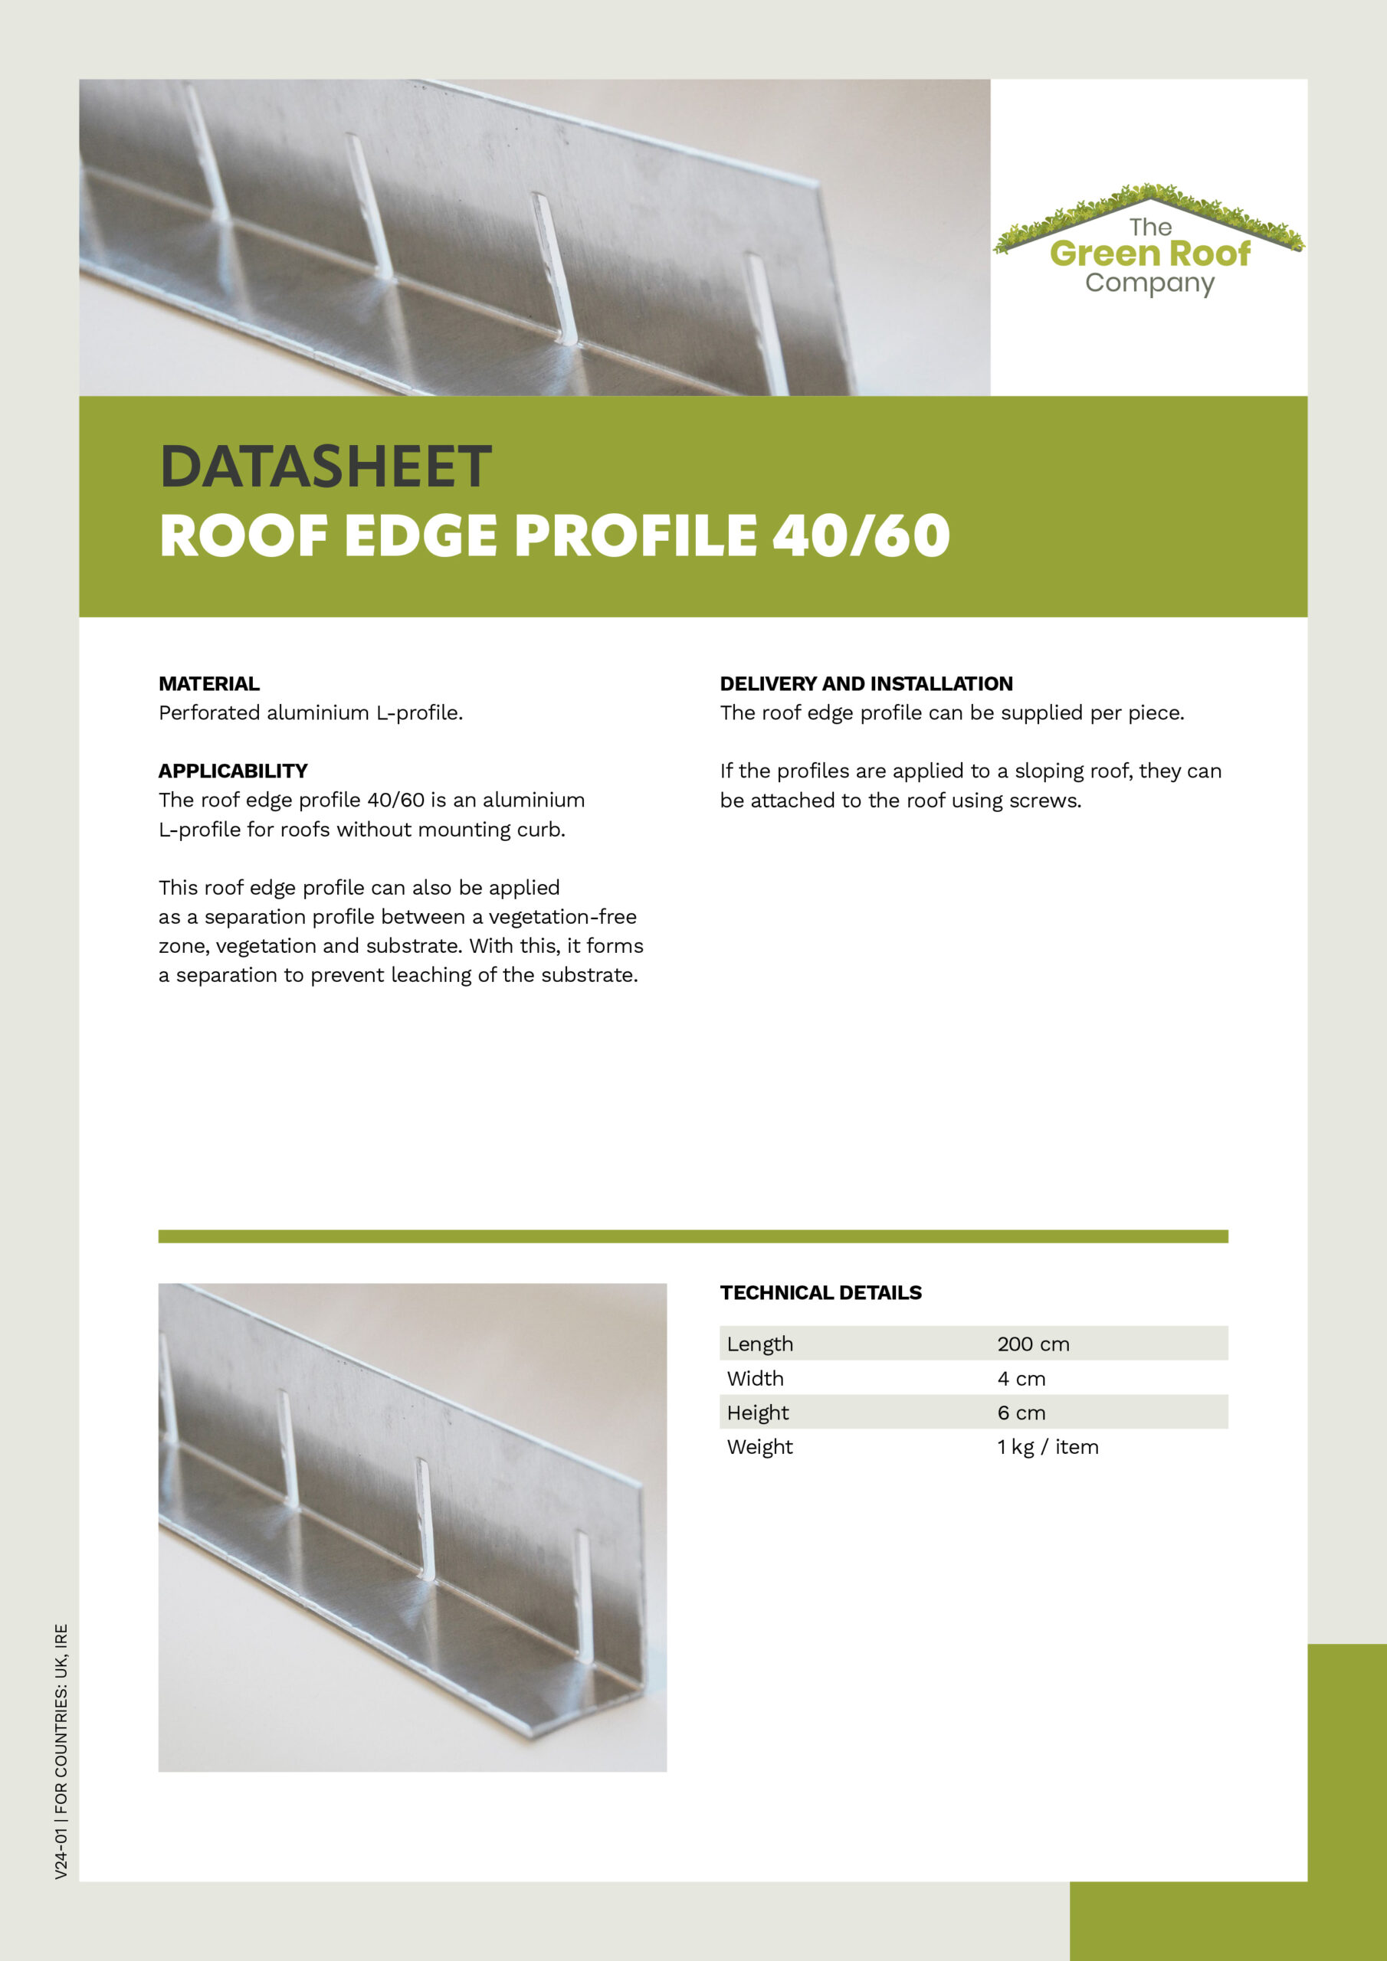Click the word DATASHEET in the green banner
(x=325, y=467)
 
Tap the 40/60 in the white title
(x=861, y=536)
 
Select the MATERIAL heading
(x=209, y=683)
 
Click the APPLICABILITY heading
(x=232, y=771)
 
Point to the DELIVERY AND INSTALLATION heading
(x=866, y=683)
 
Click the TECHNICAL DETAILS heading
(x=821, y=1292)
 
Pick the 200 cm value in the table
(x=1032, y=1344)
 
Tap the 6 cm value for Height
(x=1021, y=1413)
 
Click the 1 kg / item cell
(x=1047, y=1447)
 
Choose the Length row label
(x=759, y=1344)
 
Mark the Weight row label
(x=759, y=1447)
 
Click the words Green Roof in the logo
(x=1149, y=254)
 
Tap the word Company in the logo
(x=1149, y=283)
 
